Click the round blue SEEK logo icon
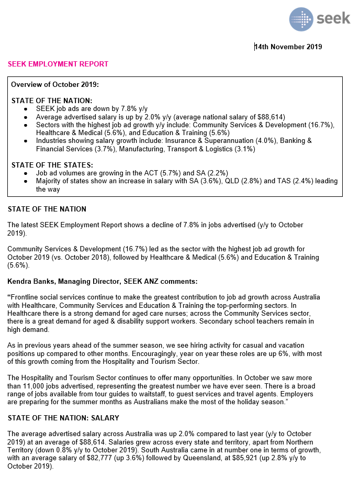[302, 19]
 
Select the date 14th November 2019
[288, 47]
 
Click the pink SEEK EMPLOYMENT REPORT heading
[58, 64]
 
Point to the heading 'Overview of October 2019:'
[55, 84]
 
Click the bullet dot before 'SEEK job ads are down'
[26, 108]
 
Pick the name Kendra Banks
[30, 281]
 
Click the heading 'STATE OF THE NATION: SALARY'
[63, 418]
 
